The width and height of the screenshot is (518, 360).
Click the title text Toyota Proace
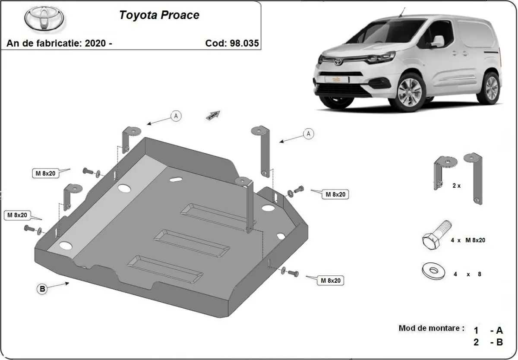click(159, 15)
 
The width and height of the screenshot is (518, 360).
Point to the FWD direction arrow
click(214, 115)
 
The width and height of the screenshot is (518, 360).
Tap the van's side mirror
click(437, 41)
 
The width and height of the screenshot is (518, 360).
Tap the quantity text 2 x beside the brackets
click(456, 186)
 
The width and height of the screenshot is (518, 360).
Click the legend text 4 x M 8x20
click(467, 240)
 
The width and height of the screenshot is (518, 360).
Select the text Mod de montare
click(431, 328)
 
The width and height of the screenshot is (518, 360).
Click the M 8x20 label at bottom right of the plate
click(330, 281)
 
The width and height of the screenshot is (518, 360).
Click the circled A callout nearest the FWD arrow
click(176, 116)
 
